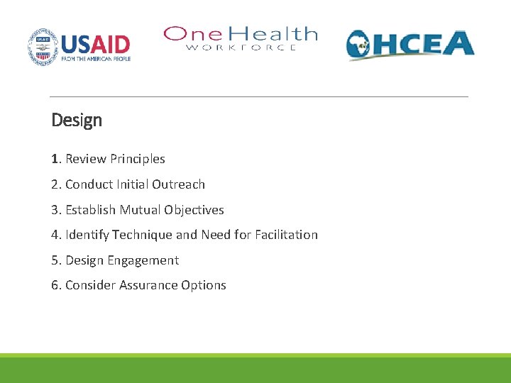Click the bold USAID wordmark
tap(96, 44)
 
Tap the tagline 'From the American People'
tap(96, 59)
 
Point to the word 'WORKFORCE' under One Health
tap(241, 48)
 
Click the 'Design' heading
tap(77, 121)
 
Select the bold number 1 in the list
tap(55, 159)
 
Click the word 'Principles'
tap(137, 159)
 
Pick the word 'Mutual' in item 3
tap(140, 210)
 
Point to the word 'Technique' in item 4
tap(145, 235)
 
